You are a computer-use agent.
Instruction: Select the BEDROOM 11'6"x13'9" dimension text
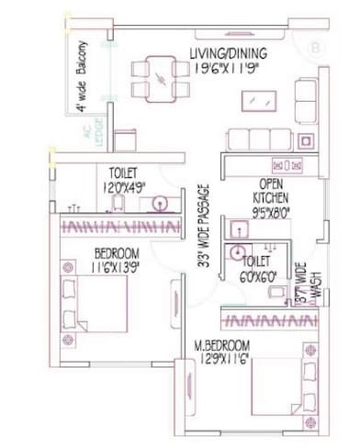pyautogui.click(x=117, y=266)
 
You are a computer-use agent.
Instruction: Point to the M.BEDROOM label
pyautogui.click(x=223, y=346)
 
